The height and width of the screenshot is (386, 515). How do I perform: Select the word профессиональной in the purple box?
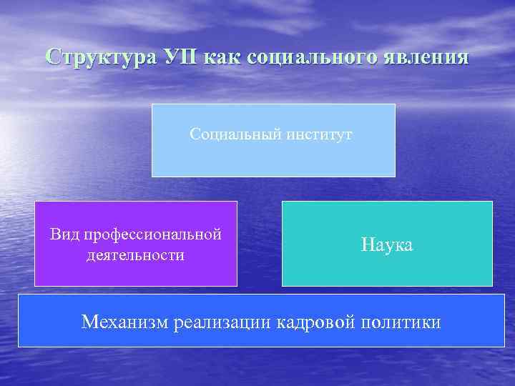tap(152, 234)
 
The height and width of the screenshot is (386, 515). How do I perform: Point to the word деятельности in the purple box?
tap(135, 255)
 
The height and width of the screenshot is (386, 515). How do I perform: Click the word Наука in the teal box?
tap(387, 245)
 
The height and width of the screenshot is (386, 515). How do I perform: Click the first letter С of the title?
tap(50, 57)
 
